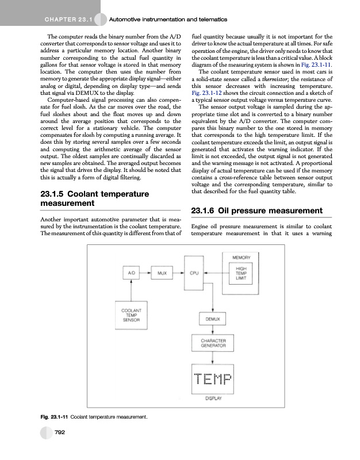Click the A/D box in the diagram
coord(132,274)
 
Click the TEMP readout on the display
coord(213,380)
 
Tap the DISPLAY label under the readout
coord(213,398)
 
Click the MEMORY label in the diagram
coord(242,256)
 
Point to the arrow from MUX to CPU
coord(178,274)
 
